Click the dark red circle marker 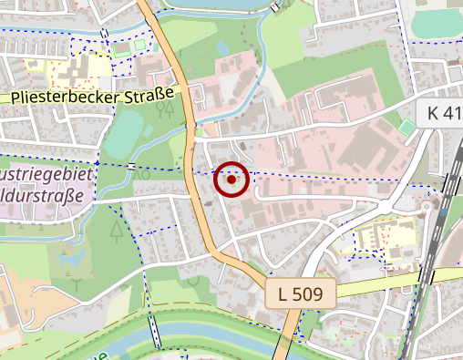231,180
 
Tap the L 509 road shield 302,293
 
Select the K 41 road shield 445,113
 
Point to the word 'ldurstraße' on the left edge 42,195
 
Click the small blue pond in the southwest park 67,267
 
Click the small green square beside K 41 406,128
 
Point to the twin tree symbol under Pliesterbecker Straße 165,110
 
